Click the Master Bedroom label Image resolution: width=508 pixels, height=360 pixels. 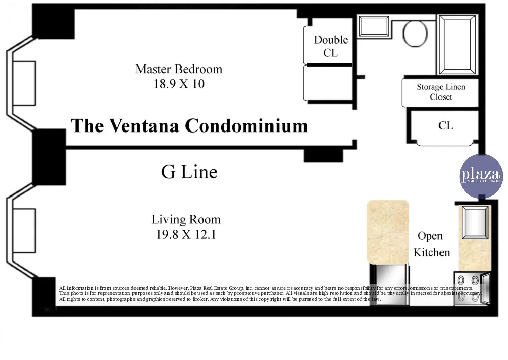click(x=179, y=69)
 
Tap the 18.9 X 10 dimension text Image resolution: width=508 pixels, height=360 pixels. click(x=179, y=84)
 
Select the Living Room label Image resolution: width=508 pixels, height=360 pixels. click(x=186, y=220)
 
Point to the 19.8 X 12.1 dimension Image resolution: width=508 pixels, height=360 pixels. click(x=186, y=235)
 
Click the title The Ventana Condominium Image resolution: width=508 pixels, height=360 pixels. click(x=189, y=125)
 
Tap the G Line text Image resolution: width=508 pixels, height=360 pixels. click(x=189, y=172)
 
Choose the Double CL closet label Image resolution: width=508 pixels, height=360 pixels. click(x=330, y=46)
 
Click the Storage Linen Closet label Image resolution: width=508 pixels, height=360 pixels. click(x=441, y=92)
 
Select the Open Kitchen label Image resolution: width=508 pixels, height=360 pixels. click(x=431, y=244)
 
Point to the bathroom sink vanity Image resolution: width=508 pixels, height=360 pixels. click(x=374, y=26)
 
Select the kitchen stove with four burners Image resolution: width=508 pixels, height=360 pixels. click(x=467, y=288)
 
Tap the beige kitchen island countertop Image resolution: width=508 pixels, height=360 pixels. click(x=388, y=231)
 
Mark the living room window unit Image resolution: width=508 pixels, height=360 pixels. click(x=23, y=230)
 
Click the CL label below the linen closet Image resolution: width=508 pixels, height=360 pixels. click(x=446, y=125)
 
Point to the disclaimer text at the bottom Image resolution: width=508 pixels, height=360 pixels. click(x=269, y=294)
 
